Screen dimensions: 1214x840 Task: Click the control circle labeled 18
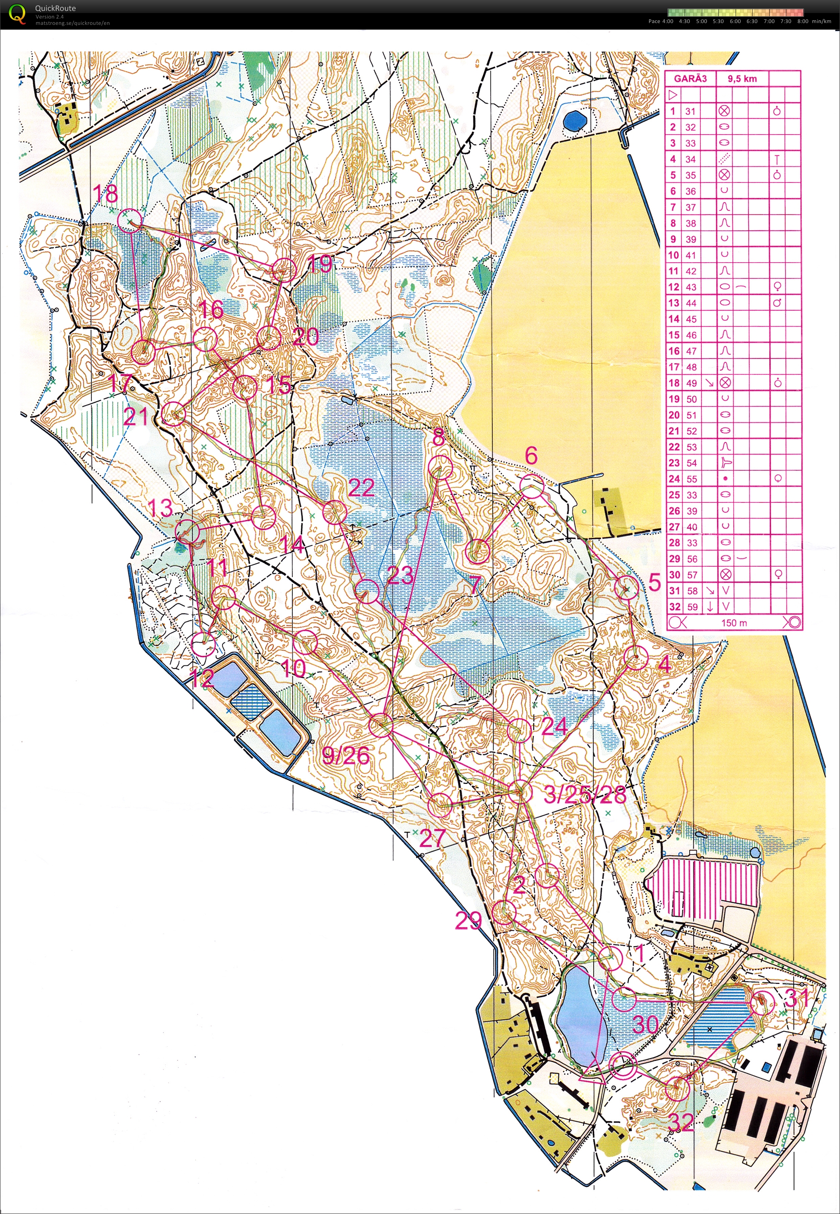tap(129, 220)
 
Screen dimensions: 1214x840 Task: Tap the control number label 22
tap(361, 488)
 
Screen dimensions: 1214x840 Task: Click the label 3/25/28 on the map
tap(585, 795)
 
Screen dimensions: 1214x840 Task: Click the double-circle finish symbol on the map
tap(623, 1067)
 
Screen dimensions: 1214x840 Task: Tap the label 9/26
tap(345, 756)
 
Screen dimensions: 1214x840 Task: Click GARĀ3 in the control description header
tap(690, 79)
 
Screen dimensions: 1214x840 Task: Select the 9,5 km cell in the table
tap(742, 79)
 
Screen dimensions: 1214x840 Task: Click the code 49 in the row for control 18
tap(691, 383)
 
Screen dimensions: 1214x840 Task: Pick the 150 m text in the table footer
tap(734, 623)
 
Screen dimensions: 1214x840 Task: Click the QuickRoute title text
tap(55, 8)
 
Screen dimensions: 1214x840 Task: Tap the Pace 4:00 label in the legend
tap(661, 22)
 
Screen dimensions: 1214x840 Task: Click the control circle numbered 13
tap(188, 532)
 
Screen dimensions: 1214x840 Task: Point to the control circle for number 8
tap(440, 467)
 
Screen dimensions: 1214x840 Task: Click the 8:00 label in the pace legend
tap(802, 22)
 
